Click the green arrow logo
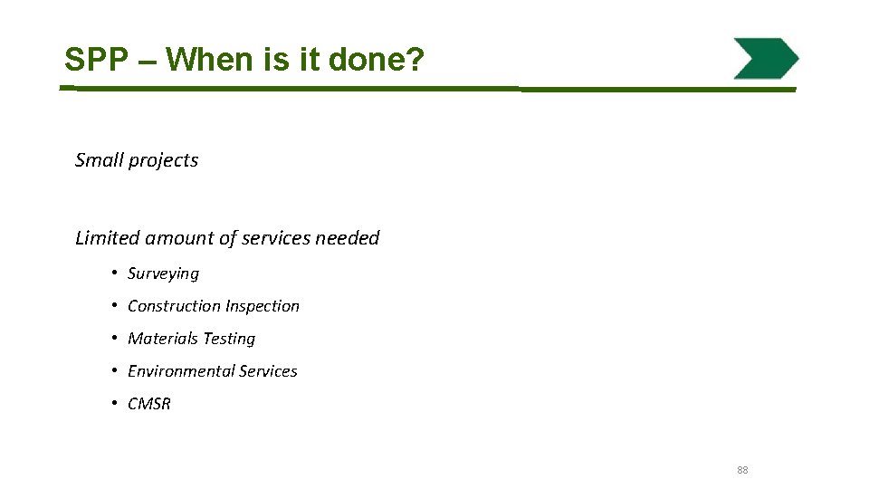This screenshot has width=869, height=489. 766,59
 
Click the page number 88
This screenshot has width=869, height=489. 742,470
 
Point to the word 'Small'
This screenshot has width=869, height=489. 99,160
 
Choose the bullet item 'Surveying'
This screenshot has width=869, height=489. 163,273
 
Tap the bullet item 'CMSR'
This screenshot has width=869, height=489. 149,404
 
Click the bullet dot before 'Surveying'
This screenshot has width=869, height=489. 116,273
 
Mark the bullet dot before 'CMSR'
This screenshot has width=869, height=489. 116,403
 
